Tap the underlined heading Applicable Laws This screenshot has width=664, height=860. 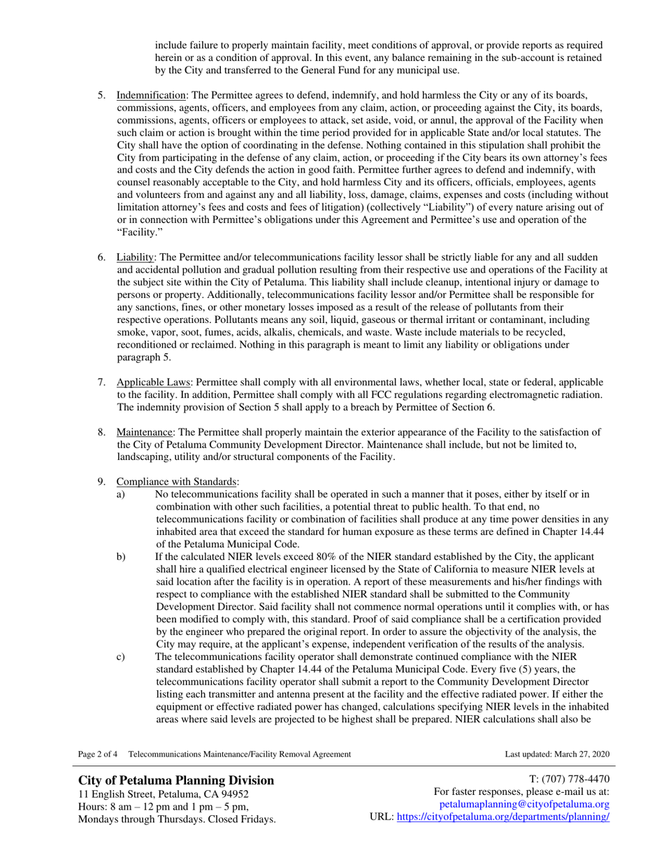click(x=154, y=382)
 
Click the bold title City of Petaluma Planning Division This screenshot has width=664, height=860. click(x=176, y=780)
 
